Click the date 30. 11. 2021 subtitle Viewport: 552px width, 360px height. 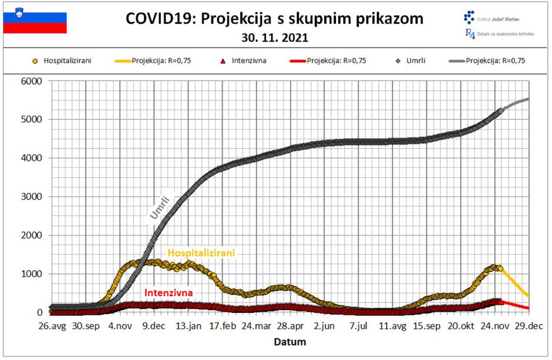(275, 39)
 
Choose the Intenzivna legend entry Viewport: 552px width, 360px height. (246, 60)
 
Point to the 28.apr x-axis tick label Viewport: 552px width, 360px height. (290, 327)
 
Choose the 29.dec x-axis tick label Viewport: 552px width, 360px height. (529, 327)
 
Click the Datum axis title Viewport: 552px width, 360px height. (291, 341)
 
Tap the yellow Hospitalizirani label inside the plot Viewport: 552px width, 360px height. (201, 253)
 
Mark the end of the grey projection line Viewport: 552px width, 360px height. (529, 99)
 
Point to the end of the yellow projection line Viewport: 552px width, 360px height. (528, 295)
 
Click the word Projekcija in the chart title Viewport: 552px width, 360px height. (238, 19)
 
